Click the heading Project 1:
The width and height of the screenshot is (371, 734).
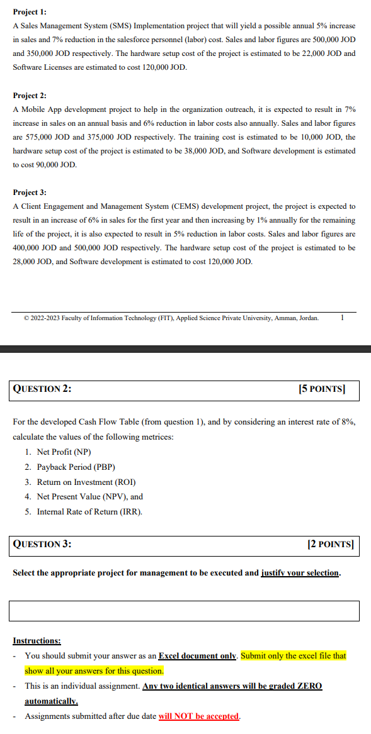30,12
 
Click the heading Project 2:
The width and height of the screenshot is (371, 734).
30,96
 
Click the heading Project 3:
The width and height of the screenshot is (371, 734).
30,192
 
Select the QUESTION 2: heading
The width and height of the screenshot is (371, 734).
42,389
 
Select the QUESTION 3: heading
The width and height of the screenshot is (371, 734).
42,545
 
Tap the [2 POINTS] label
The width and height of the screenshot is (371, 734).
330,545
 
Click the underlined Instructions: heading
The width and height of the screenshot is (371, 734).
37,641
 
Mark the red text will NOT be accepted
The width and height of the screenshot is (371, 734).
198,716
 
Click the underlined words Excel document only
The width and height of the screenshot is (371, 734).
197,656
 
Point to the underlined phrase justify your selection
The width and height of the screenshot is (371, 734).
300,573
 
